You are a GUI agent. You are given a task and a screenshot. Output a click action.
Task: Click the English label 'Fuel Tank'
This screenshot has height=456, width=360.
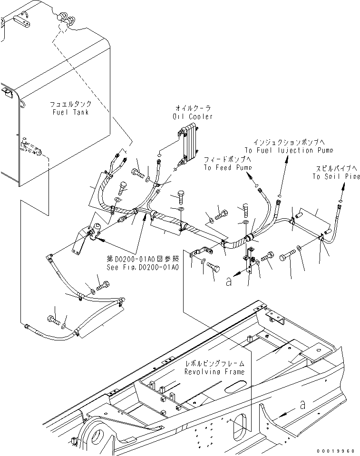(71, 112)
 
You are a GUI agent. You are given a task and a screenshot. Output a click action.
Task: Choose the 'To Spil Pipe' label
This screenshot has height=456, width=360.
(335, 176)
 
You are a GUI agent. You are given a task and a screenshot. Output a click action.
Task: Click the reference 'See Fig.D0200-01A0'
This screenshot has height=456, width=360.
(143, 268)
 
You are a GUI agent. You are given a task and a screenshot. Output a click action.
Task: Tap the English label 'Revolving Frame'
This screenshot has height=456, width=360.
(215, 372)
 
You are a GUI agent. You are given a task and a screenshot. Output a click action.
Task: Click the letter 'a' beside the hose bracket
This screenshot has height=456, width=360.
(229, 281)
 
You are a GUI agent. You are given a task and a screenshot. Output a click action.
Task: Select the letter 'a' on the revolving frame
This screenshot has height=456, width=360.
(302, 405)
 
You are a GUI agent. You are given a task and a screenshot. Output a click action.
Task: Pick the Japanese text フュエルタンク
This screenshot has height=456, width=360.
(71, 104)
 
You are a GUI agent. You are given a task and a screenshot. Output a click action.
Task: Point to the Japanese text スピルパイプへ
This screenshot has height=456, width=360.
(335, 169)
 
